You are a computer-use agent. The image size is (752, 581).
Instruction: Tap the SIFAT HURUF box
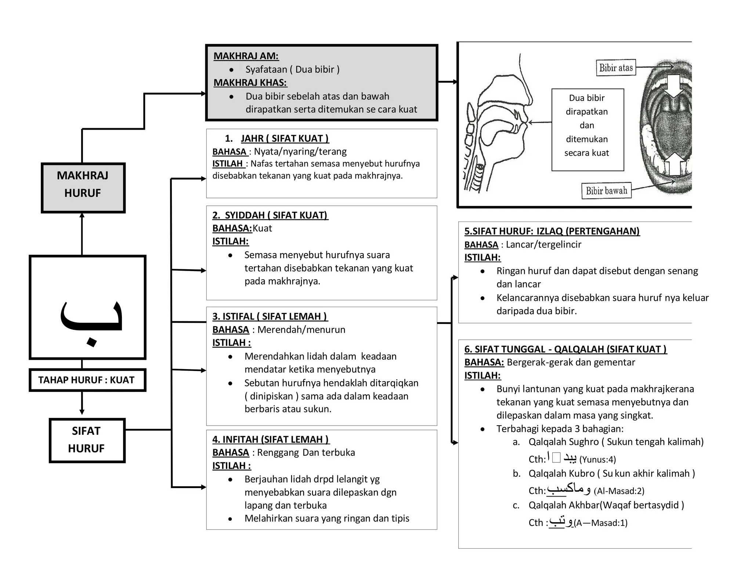[87, 440]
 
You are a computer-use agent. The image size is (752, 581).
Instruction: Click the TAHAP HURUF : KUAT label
[87, 380]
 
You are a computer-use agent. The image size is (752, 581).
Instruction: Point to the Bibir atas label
[616, 68]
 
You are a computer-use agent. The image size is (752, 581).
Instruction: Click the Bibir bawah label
[606, 191]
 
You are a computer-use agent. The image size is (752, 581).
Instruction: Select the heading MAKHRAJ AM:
[246, 56]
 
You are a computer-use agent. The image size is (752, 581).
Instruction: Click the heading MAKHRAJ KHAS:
[250, 83]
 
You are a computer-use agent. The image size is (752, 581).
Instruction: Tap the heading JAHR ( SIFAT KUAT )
[285, 138]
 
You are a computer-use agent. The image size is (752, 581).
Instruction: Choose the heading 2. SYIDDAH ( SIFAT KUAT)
[270, 215]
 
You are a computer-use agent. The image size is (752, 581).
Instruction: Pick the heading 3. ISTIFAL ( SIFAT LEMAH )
[270, 317]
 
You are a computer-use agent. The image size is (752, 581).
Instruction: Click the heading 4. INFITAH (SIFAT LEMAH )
[271, 440]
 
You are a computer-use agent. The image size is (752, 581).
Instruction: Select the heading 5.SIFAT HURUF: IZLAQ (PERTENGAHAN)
[552, 231]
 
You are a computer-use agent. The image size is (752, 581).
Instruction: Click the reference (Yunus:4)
[597, 459]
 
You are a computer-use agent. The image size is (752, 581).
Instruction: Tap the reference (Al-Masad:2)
[619, 491]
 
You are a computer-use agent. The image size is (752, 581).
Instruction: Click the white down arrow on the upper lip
[674, 86]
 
